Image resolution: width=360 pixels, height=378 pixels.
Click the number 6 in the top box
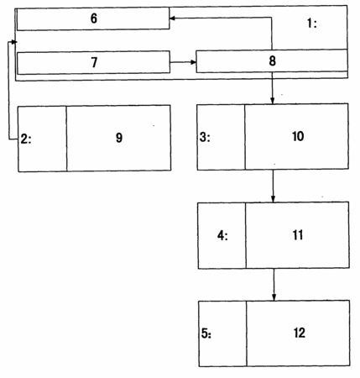pyautogui.click(x=94, y=18)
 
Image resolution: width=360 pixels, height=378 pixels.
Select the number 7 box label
pyautogui.click(x=94, y=62)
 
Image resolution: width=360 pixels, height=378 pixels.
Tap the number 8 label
pyautogui.click(x=272, y=60)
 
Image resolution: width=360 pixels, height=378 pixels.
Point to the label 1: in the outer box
pyautogui.click(x=312, y=23)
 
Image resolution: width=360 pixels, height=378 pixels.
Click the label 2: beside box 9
pyautogui.click(x=26, y=139)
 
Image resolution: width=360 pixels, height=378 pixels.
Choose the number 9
pyautogui.click(x=119, y=138)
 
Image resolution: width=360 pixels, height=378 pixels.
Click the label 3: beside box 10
pyautogui.click(x=205, y=137)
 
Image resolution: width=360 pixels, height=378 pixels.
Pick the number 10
pyautogui.click(x=298, y=136)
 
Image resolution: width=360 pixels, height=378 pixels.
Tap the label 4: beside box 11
pyautogui.click(x=222, y=235)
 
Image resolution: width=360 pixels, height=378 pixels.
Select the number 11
pyautogui.click(x=298, y=234)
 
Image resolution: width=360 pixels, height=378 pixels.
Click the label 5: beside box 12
pyautogui.click(x=206, y=333)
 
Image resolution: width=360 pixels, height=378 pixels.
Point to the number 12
pyautogui.click(x=300, y=333)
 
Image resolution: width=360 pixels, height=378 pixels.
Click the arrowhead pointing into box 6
pyautogui.click(x=172, y=18)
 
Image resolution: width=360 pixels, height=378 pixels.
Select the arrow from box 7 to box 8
pyautogui.click(x=183, y=62)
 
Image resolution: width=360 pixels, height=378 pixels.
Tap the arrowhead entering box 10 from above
pyautogui.click(x=273, y=101)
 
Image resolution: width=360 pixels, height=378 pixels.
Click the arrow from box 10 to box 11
pyautogui.click(x=273, y=186)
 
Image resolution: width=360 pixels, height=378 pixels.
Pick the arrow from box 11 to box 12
pyautogui.click(x=274, y=285)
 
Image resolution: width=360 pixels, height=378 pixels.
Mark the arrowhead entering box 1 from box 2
pyautogui.click(x=14, y=42)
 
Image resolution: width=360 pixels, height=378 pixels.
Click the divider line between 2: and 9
pyautogui.click(x=66, y=139)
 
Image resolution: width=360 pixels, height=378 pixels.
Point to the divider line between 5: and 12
pyautogui.click(x=247, y=333)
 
